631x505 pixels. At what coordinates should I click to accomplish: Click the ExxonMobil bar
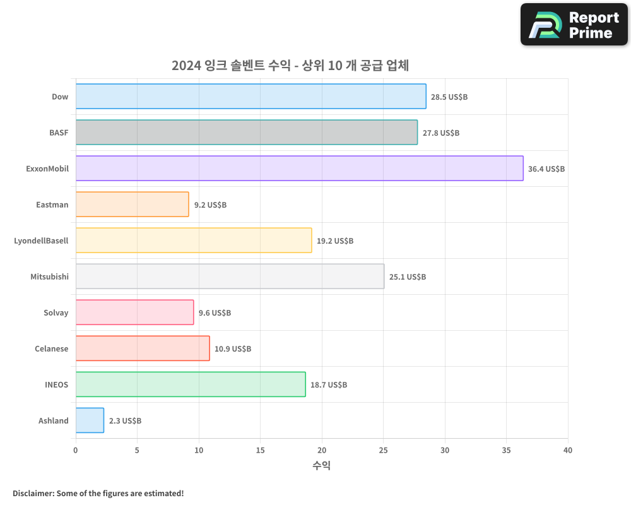click(x=299, y=168)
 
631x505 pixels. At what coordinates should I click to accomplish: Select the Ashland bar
click(x=90, y=420)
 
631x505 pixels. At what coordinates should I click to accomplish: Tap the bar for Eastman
click(x=132, y=204)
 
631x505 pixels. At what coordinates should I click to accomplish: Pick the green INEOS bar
click(x=191, y=384)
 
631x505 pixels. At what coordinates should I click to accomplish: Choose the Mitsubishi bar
click(x=230, y=276)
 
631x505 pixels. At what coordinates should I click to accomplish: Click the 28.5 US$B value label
click(x=449, y=97)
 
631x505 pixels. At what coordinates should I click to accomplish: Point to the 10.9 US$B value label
click(x=233, y=349)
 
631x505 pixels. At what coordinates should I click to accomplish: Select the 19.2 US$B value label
click(x=335, y=241)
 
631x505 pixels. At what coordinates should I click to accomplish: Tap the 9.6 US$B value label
click(x=215, y=313)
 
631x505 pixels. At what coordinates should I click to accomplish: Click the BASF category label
click(x=59, y=133)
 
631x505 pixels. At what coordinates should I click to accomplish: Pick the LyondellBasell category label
click(x=41, y=241)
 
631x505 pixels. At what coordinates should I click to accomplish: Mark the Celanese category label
click(x=51, y=349)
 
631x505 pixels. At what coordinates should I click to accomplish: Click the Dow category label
click(x=60, y=97)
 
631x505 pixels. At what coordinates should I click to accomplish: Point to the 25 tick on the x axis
click(x=383, y=451)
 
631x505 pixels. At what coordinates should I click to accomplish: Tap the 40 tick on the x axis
click(x=568, y=451)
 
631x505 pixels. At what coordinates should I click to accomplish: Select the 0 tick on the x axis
click(x=76, y=451)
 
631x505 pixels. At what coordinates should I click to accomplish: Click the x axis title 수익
click(x=321, y=466)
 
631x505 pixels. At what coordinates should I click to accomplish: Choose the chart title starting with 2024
click(x=290, y=66)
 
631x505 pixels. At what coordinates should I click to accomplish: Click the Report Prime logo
click(x=574, y=25)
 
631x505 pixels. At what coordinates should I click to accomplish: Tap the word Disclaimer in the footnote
click(x=33, y=493)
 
